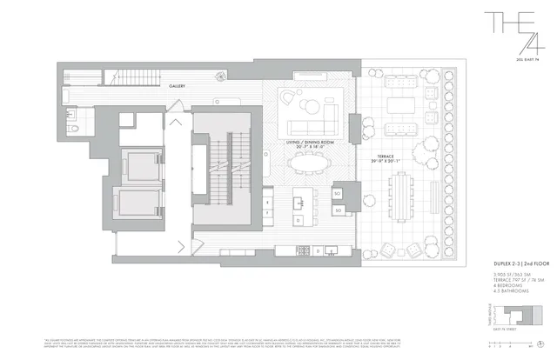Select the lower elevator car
[x=137, y=203]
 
